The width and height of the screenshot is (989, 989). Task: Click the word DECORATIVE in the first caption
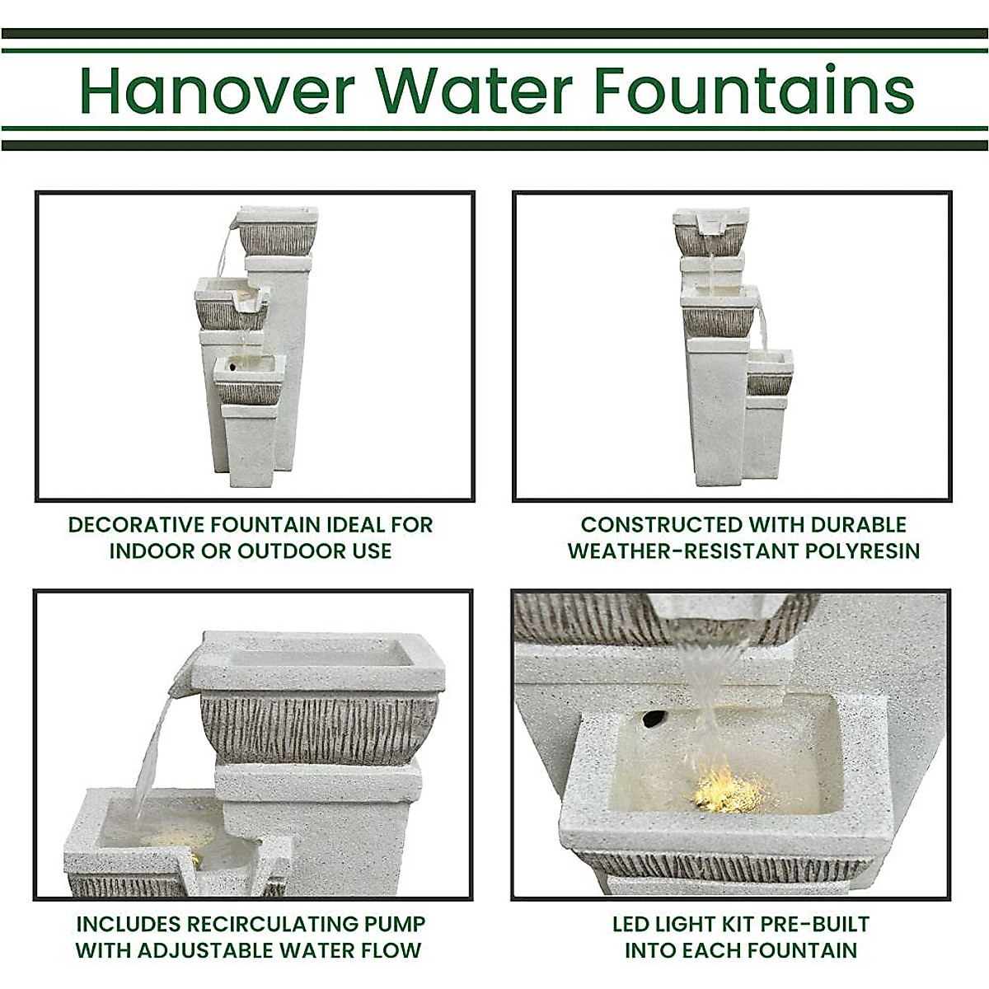(137, 525)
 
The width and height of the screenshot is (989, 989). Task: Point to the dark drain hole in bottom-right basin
(652, 719)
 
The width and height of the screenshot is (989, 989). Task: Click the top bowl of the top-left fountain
(278, 231)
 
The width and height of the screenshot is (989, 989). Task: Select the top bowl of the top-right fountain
(710, 231)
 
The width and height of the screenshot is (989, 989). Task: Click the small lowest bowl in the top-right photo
(770, 373)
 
